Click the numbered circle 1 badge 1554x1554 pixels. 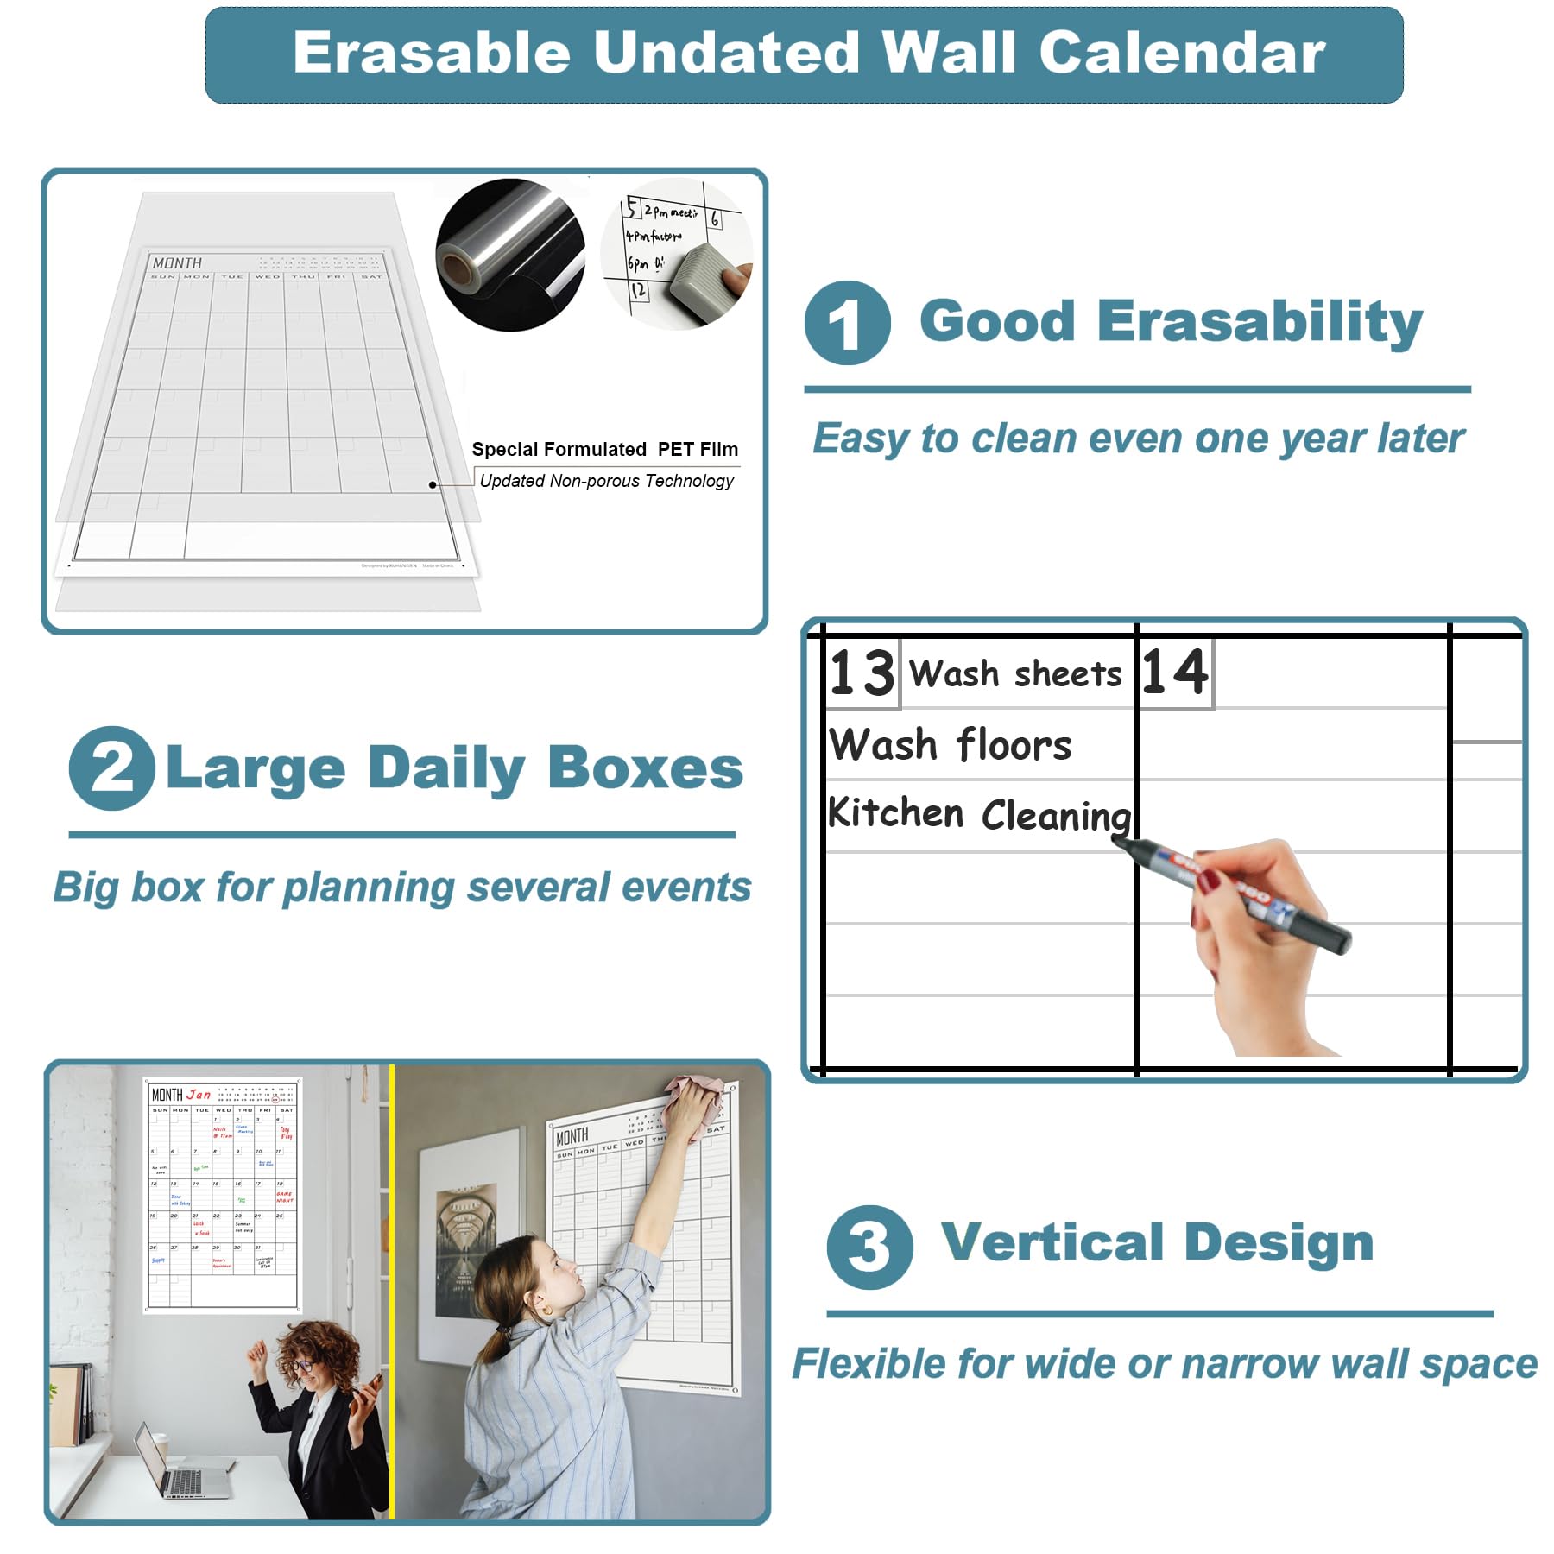click(x=846, y=323)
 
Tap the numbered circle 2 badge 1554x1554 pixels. click(x=111, y=768)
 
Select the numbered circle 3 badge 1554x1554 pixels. click(x=869, y=1247)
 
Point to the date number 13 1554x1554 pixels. click(x=862, y=673)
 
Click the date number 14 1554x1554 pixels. click(x=1174, y=672)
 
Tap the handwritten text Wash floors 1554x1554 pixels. click(x=950, y=744)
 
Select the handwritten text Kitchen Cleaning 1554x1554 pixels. click(x=978, y=814)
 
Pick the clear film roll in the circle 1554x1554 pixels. click(x=509, y=256)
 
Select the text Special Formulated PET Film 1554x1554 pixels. click(x=604, y=449)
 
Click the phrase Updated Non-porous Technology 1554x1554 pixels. click(x=606, y=481)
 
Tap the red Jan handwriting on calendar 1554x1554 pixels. click(x=199, y=1094)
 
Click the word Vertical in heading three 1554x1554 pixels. click(x=1052, y=1242)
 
